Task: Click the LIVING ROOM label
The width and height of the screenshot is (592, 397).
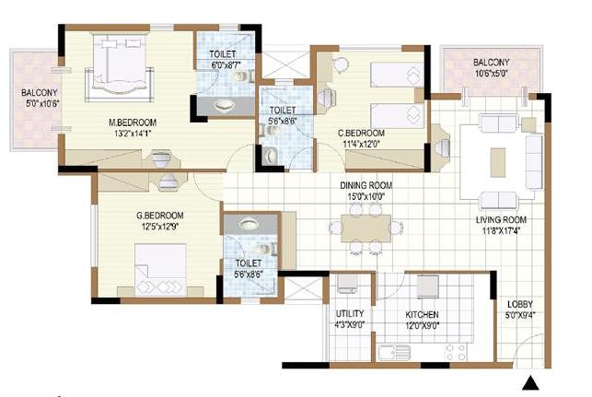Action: click(x=501, y=219)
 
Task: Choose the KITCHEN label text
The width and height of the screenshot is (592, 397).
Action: click(x=423, y=314)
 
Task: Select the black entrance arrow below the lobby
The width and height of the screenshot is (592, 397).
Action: click(x=531, y=384)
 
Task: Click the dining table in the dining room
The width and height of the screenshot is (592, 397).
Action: click(x=366, y=228)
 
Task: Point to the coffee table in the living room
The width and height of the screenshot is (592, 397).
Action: click(x=498, y=152)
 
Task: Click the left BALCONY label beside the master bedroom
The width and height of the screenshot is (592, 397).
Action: click(x=40, y=92)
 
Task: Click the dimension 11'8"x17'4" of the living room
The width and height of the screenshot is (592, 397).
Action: click(x=501, y=230)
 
